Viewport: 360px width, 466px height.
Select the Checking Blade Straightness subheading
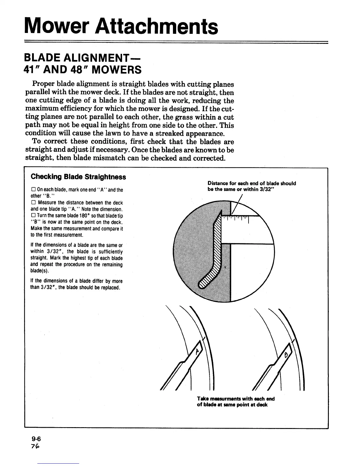click(x=78, y=177)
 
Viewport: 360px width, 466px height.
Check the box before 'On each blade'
click(x=33, y=190)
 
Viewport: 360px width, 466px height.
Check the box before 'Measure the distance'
click(x=33, y=203)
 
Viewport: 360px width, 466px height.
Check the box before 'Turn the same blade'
click(x=33, y=216)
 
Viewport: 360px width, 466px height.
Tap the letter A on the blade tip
click(x=197, y=351)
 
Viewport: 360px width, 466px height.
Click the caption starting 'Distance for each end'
click(x=251, y=186)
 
